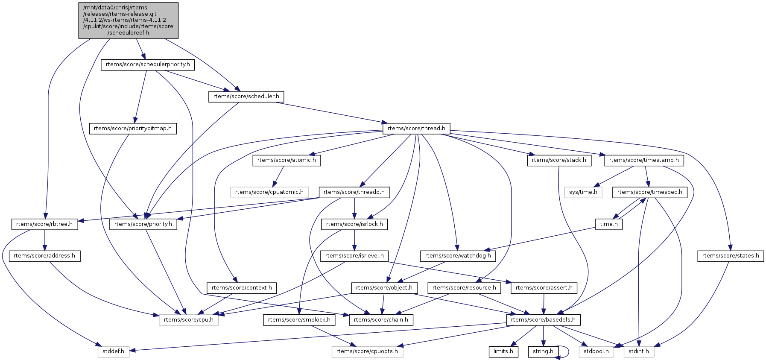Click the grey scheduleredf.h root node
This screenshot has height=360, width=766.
[128, 20]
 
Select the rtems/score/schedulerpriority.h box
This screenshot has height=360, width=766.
[148, 64]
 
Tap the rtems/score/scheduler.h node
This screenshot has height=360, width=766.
[246, 97]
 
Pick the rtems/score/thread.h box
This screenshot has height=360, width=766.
[416, 128]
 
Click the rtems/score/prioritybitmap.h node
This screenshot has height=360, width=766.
[132, 128]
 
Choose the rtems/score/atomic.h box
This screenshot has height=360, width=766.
[287, 160]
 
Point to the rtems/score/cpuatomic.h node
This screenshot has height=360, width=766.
[269, 192]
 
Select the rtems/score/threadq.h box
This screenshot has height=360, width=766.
[354, 192]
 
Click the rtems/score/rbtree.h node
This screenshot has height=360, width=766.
[44, 224]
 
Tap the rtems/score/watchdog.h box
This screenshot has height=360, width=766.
[458, 256]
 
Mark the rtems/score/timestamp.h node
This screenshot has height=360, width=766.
[644, 160]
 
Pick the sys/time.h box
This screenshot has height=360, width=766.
[583, 192]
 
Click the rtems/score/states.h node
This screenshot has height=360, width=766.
[730, 256]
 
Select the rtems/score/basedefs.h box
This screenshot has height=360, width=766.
[543, 319]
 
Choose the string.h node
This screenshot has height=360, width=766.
[543, 351]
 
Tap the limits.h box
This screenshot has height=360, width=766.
[503, 351]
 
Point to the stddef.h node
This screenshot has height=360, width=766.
[113, 351]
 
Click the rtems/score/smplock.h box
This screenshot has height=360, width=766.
[299, 319]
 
